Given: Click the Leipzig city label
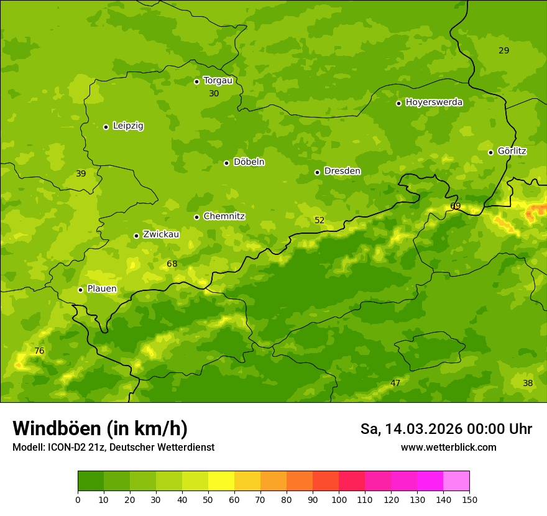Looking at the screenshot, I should (128, 126).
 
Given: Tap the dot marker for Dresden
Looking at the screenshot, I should (317, 172).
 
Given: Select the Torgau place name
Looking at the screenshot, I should (218, 80).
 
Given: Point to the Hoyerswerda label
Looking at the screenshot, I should (434, 102).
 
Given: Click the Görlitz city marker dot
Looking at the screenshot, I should (490, 152).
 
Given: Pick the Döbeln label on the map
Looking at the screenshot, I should (249, 162).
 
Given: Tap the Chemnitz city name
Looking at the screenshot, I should (224, 216).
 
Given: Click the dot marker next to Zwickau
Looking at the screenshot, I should (136, 236).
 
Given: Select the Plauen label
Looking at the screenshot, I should (102, 288).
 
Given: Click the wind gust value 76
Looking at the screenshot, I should (39, 351).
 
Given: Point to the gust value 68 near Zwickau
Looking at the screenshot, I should (172, 264).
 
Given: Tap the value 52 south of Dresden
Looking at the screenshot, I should (319, 221).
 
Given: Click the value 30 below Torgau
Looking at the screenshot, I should (214, 94).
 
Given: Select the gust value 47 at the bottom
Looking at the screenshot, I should (395, 384).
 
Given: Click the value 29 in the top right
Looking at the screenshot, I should (503, 51).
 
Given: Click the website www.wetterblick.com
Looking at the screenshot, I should (448, 447).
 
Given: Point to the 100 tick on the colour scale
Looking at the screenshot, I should (339, 499).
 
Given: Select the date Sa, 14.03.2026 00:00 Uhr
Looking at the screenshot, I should (446, 429).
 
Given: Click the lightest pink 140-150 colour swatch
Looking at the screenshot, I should (456, 481).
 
